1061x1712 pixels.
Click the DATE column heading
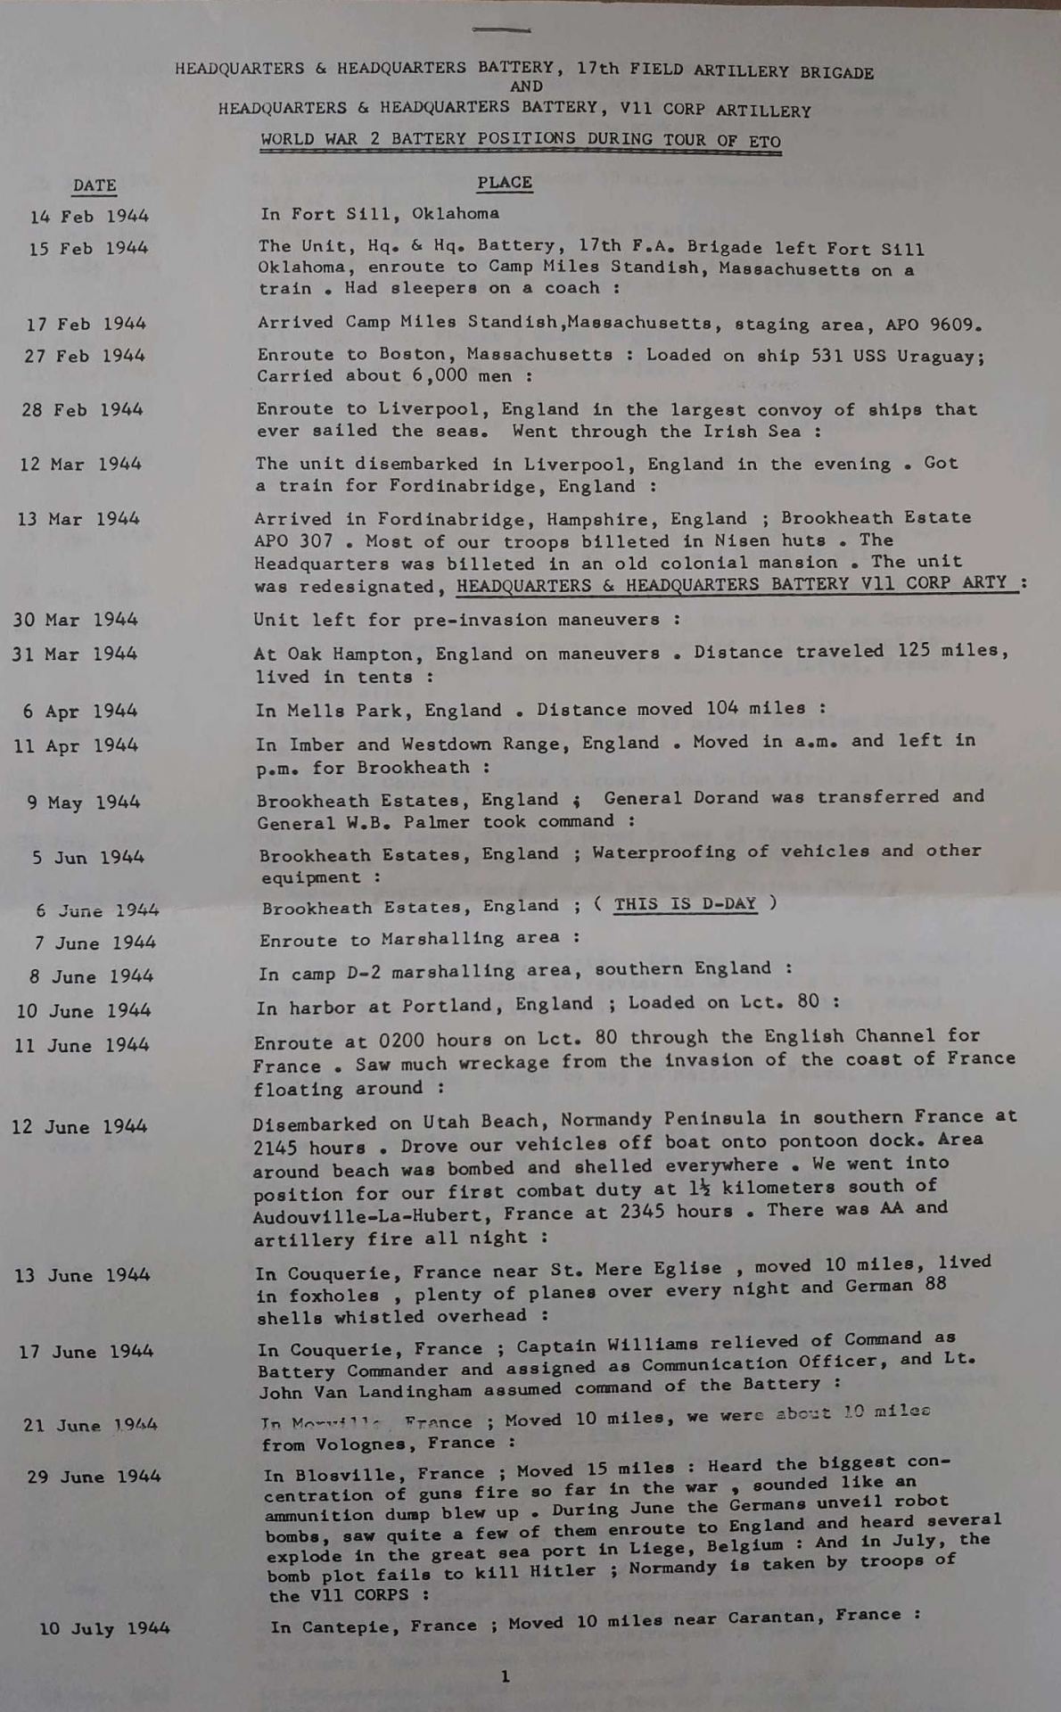95,185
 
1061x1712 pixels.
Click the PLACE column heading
504,183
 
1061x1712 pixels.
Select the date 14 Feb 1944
89,216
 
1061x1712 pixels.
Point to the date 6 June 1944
97,910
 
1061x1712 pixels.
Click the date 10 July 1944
104,1628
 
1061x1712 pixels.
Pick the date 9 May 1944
84,802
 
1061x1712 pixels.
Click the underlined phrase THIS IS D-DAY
685,903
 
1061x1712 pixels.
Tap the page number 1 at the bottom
505,1676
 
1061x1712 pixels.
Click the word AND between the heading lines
526,86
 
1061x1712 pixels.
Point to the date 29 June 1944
94,1477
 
